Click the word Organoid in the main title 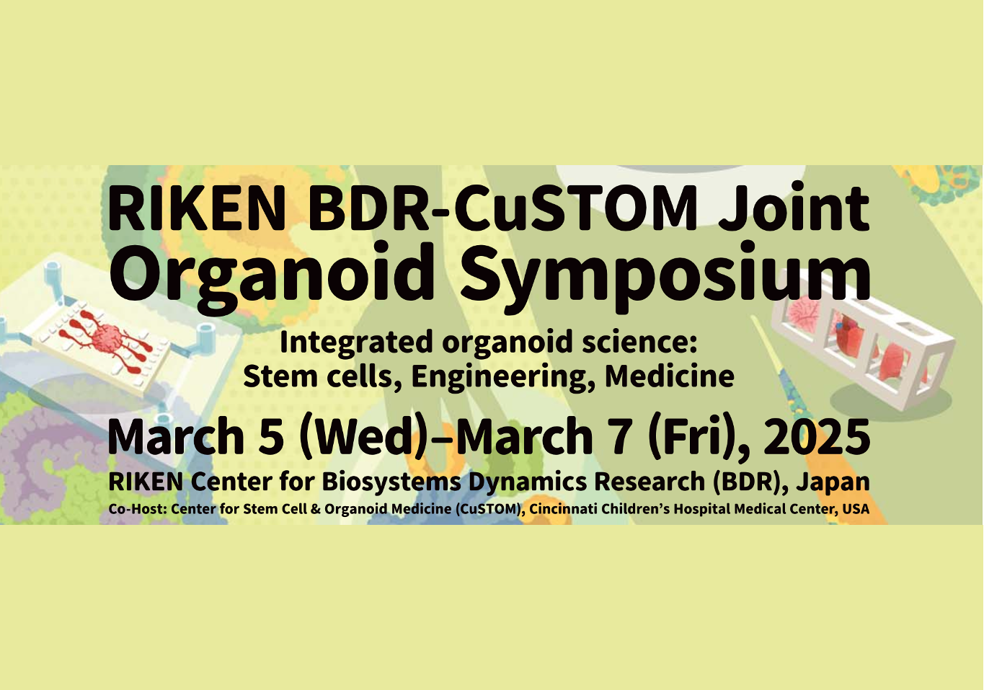click(272, 278)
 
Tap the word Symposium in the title click(666, 278)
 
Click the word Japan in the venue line click(833, 482)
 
